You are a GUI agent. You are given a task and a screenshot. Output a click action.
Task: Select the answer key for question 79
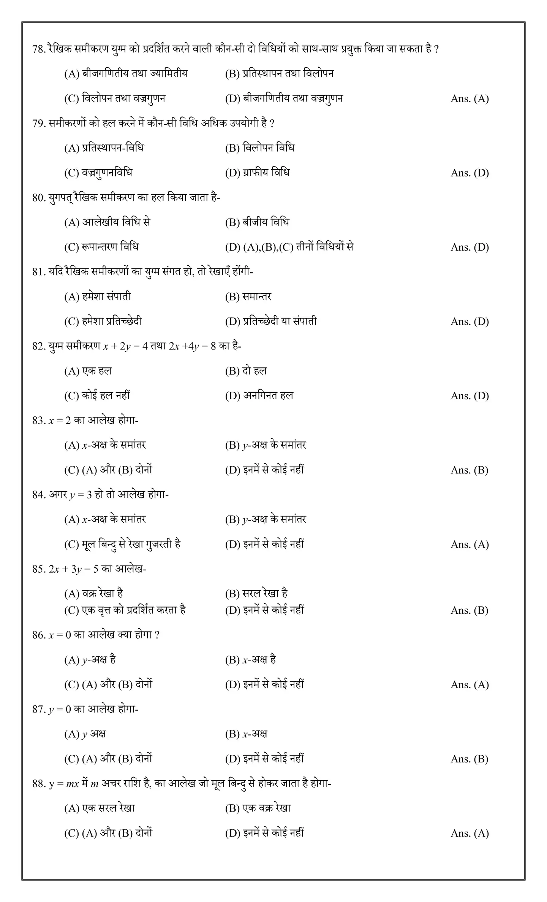click(470, 173)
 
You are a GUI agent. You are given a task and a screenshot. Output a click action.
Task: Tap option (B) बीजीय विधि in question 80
click(257, 222)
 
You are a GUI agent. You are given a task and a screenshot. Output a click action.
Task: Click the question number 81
click(38, 272)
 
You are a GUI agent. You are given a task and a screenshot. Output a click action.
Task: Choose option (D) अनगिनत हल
click(259, 396)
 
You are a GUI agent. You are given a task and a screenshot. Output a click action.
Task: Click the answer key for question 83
click(469, 470)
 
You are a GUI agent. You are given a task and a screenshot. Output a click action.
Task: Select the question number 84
click(39, 495)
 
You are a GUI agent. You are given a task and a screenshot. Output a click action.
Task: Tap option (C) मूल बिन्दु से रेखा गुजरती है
click(122, 545)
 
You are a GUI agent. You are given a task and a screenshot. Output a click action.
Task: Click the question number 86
click(39, 635)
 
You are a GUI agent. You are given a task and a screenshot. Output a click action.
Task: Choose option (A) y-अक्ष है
click(90, 660)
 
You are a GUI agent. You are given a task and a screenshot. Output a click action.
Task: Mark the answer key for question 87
click(469, 759)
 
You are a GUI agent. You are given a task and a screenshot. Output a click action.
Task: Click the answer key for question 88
click(470, 834)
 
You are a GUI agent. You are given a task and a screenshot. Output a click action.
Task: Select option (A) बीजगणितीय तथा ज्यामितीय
click(126, 74)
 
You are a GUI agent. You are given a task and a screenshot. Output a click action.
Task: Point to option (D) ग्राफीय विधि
click(257, 173)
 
